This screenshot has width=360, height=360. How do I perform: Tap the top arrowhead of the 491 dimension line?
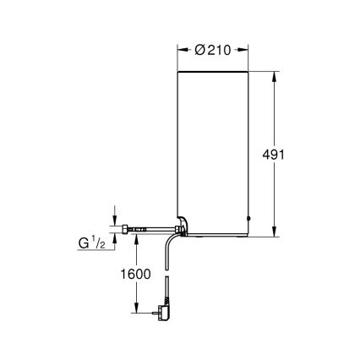tap(275, 76)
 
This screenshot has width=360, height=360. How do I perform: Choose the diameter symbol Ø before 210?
tap(199, 50)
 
